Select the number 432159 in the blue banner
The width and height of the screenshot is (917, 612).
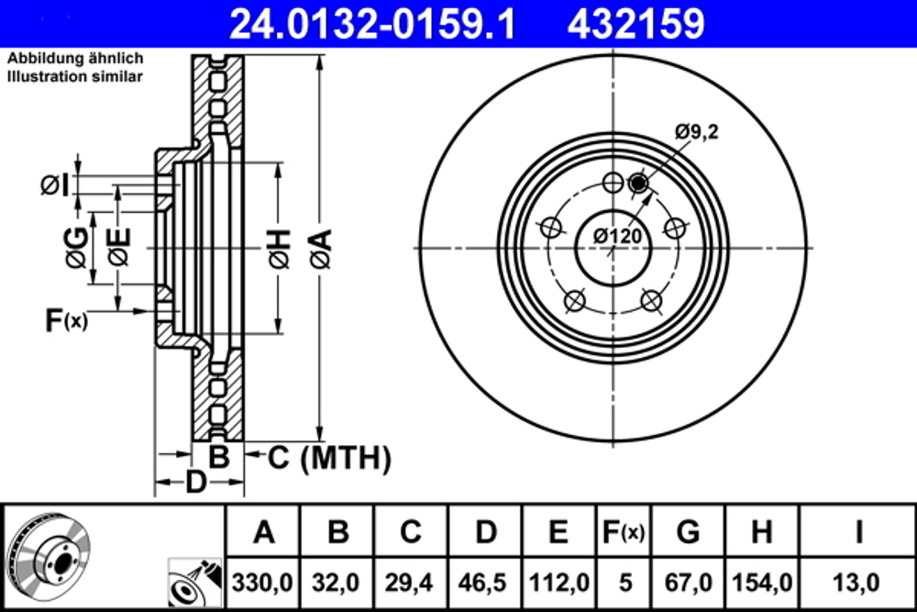[636, 23]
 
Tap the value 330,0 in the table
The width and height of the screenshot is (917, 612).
[263, 582]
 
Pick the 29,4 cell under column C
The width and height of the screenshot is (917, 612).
[412, 582]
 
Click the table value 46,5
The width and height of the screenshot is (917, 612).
[486, 582]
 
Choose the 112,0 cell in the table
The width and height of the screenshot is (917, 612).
[559, 582]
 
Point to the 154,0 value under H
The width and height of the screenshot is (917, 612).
[761, 582]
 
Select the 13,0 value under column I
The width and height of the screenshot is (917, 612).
[857, 582]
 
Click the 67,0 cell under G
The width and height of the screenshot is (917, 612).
[688, 582]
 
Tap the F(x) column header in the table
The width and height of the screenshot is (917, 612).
[623, 531]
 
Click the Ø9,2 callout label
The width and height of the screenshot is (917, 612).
[697, 132]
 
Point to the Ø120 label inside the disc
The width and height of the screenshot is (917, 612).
[615, 236]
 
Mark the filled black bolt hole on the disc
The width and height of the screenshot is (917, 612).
[638, 185]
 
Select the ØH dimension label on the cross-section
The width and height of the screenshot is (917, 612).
[280, 248]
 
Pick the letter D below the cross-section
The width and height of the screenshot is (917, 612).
[195, 480]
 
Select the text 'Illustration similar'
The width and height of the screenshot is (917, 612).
[75, 77]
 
